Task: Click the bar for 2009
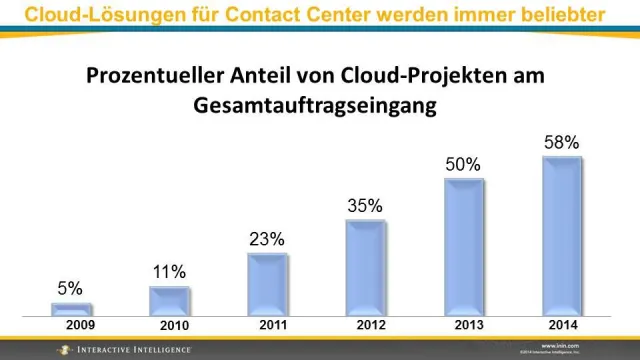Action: click(x=71, y=309)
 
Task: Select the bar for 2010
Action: click(x=169, y=301)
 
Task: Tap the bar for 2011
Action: click(x=267, y=284)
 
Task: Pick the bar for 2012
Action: click(x=365, y=267)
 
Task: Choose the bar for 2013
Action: click(x=463, y=247)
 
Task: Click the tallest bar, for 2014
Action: click(x=561, y=236)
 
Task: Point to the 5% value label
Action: click(x=70, y=289)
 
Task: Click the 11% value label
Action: click(x=169, y=272)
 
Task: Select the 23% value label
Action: click(x=267, y=239)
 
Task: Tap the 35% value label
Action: click(x=365, y=206)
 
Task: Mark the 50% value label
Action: click(x=463, y=164)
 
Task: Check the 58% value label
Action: click(x=561, y=142)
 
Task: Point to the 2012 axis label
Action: click(x=371, y=326)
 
